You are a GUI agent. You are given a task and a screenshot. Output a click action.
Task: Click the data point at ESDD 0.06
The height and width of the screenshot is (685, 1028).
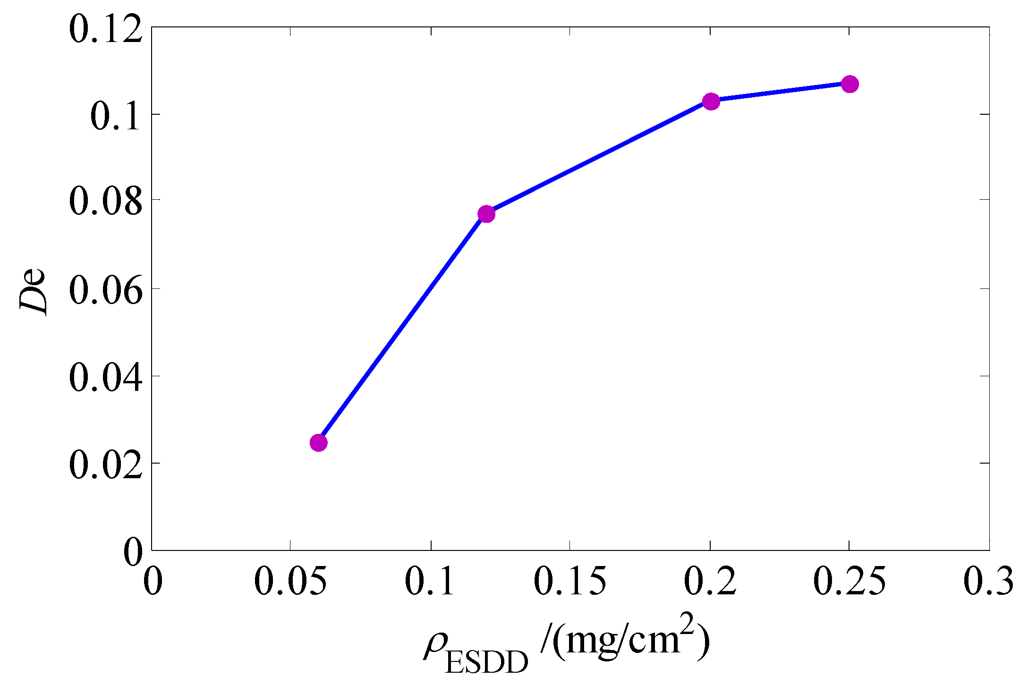pos(319,443)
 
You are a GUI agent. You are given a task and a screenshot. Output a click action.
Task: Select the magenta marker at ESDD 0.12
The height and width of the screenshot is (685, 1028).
pos(486,214)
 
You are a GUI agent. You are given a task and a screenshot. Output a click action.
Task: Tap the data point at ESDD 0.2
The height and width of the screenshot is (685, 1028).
pos(711,101)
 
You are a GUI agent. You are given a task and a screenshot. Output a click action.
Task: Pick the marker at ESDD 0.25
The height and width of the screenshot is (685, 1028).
pos(850,84)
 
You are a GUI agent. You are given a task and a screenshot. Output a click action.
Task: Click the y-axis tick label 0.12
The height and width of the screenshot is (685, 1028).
pos(105,29)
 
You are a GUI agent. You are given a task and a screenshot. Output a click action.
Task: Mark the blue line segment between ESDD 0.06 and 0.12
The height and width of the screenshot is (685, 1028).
pos(402,328)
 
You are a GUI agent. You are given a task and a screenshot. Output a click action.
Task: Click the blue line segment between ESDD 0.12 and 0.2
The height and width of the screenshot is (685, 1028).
pos(598,158)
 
